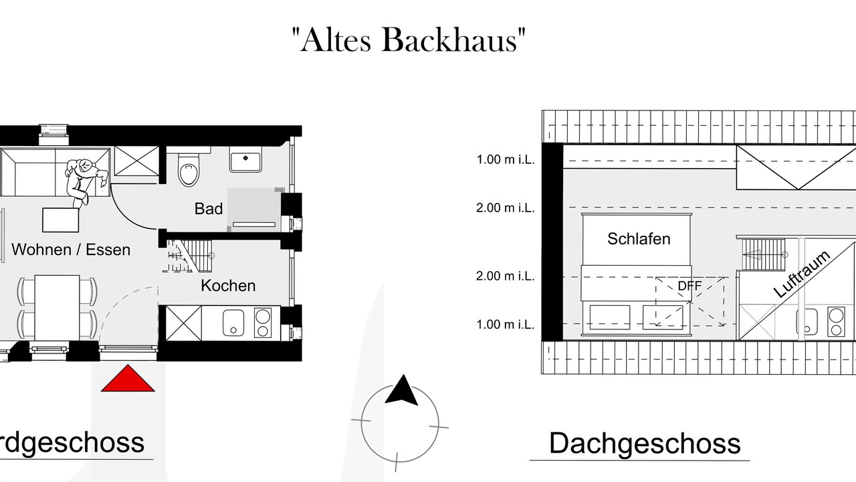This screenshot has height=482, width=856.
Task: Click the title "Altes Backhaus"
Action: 409,40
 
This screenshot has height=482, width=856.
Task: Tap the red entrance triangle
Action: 128,378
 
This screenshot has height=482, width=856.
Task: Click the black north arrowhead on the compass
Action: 402,390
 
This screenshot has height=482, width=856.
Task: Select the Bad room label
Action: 208,209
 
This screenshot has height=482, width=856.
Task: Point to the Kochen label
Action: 228,286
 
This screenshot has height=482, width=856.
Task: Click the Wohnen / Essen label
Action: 71,250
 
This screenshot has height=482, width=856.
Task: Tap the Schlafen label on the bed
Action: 639,239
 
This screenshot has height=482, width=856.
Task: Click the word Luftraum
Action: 802,274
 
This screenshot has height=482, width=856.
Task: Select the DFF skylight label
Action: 689,286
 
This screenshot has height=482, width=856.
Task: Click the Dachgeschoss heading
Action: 645,444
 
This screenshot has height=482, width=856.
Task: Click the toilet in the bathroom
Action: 189,169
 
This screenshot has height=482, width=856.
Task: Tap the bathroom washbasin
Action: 245,162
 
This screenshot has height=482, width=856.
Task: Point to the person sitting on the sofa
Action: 85,181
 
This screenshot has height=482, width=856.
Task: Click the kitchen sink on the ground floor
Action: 233,323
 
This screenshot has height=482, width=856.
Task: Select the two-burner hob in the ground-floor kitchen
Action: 263,323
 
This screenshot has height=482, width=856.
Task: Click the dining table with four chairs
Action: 58,307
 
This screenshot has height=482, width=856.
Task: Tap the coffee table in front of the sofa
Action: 61,220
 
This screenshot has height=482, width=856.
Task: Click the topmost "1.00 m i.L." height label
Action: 505,159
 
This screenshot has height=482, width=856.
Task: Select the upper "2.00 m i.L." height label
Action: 505,208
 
